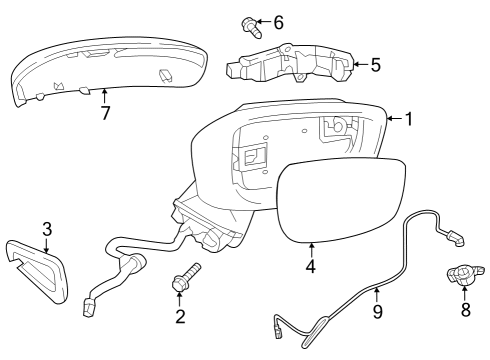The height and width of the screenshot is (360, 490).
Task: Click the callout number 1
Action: tap(409, 119)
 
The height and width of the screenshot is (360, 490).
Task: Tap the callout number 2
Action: tap(180, 316)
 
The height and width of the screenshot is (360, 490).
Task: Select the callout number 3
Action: tap(47, 229)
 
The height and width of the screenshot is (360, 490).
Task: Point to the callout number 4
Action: tap(311, 267)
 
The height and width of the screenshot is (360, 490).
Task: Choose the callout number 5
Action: tap(376, 65)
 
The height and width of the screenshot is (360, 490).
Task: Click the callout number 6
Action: tap(278, 23)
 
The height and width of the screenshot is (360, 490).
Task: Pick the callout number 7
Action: tap(105, 113)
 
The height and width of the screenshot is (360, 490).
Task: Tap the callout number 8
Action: tap(466, 310)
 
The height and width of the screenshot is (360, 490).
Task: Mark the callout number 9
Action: tap(377, 312)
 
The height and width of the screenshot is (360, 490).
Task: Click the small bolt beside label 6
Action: tap(251, 28)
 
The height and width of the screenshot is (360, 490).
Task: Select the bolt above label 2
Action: tap(185, 277)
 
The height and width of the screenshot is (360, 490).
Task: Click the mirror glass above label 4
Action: tap(341, 199)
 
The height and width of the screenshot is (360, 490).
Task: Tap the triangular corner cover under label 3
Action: tap(37, 271)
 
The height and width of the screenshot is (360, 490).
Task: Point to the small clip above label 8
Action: tap(463, 274)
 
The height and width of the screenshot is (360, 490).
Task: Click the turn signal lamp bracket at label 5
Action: tap(289, 63)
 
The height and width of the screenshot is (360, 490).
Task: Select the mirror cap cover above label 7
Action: tap(108, 69)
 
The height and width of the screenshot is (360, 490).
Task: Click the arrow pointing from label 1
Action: tap(395, 118)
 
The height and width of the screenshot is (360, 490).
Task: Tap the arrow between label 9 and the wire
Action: tap(377, 295)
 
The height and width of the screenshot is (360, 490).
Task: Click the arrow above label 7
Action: tap(105, 96)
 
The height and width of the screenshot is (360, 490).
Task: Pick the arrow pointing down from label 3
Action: tap(46, 245)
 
